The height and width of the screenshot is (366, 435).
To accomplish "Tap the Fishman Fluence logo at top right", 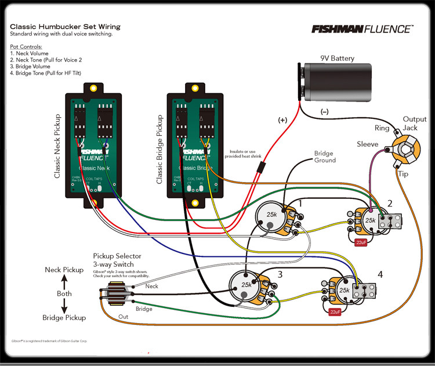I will click(362, 28).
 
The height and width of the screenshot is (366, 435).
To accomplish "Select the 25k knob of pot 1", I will click(271, 215).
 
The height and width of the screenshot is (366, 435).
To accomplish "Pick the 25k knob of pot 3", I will click(246, 285).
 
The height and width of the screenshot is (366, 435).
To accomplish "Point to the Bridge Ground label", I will click(325, 157).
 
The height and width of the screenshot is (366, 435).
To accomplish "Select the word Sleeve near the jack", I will click(367, 144).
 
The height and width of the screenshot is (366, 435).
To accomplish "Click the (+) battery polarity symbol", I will click(282, 119).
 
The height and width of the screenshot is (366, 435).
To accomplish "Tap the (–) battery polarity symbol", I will click(324, 110).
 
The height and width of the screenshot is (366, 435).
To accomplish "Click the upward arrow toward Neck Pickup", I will click(64, 281).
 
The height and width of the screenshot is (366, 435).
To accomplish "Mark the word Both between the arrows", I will click(64, 293).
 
